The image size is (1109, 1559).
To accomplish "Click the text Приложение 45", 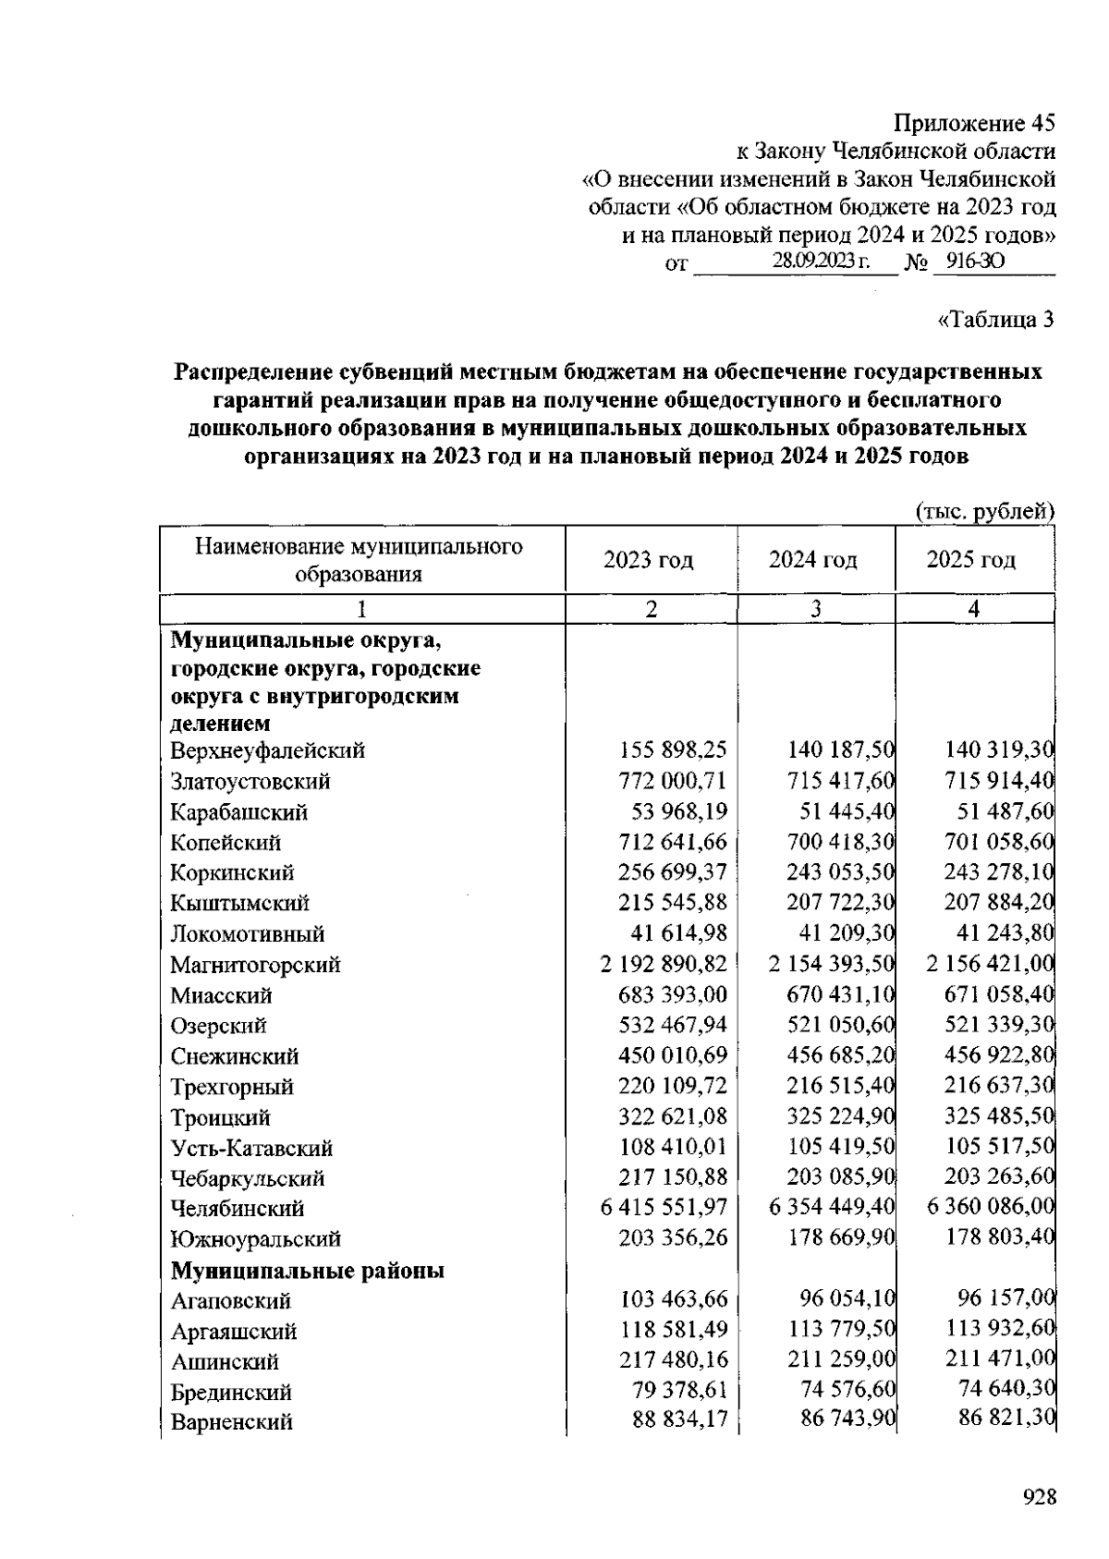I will [x=973, y=123].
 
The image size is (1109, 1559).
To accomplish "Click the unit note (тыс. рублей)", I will [x=984, y=511].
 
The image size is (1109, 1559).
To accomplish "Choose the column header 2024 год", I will [x=813, y=560].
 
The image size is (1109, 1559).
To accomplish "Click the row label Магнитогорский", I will [x=255, y=965].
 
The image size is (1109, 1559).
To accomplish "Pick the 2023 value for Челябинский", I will [x=664, y=1207].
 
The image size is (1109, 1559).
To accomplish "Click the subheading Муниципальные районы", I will [x=307, y=1271].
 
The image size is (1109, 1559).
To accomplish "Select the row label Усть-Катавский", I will [x=251, y=1148].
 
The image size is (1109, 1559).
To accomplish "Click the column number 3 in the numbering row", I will [x=816, y=609].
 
